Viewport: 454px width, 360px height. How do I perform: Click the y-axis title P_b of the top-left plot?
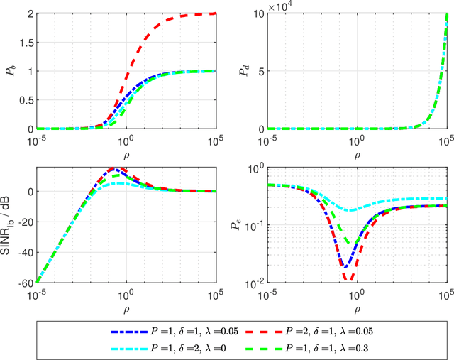pos(11,70)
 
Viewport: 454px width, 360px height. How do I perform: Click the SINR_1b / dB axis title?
pos(10,225)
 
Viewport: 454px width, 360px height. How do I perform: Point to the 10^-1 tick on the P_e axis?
pos(254,225)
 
